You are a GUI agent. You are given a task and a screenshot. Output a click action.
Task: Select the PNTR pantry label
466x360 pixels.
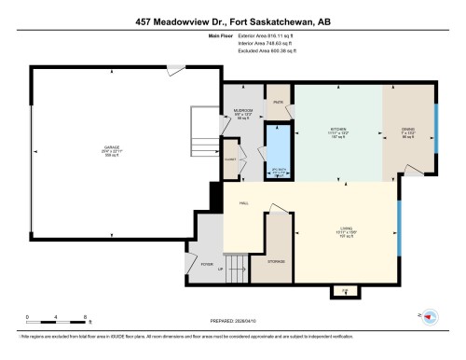[x=278, y=102]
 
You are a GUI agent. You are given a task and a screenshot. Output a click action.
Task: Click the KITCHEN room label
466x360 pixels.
[x=336, y=131]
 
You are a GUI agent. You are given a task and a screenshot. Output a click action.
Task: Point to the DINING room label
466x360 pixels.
[x=407, y=131]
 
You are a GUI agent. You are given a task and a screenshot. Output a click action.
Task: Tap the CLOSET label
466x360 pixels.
[x=230, y=159]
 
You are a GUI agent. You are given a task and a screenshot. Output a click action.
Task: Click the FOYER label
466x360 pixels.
[x=207, y=264]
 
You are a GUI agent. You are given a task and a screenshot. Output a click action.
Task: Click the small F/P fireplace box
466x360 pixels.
[x=344, y=291]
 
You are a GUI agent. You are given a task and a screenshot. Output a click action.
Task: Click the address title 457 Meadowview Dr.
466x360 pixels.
[x=233, y=21]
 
